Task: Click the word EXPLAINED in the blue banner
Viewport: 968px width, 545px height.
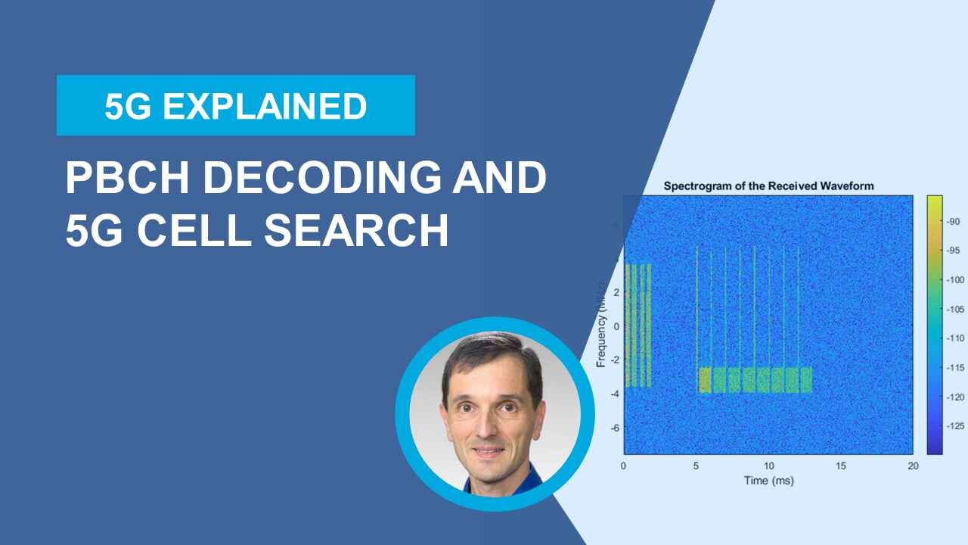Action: (x=265, y=106)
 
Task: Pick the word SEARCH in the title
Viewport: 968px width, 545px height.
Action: (x=356, y=231)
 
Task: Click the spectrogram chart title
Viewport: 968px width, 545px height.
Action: (x=768, y=185)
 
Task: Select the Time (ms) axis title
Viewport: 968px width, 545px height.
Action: (x=768, y=481)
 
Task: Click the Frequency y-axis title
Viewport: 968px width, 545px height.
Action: (x=602, y=325)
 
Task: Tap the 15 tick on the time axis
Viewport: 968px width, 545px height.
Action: (x=841, y=466)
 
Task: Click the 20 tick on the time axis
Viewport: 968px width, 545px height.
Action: (x=913, y=466)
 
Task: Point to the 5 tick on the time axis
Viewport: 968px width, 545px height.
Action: (x=696, y=466)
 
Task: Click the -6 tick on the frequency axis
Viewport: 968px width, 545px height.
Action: (x=615, y=428)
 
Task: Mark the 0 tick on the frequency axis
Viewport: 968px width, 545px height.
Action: (x=616, y=326)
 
